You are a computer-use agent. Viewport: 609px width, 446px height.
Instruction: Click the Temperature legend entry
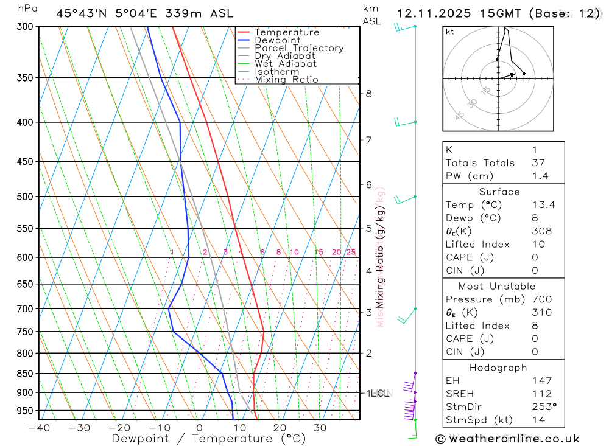point(286,32)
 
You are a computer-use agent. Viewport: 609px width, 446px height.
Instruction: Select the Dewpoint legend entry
point(277,40)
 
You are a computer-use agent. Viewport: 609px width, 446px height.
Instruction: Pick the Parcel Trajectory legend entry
point(299,48)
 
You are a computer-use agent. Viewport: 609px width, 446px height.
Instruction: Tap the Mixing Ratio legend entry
point(286,80)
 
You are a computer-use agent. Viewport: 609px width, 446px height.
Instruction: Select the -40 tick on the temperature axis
point(39,428)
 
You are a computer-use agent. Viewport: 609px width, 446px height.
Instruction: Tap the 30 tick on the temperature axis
point(320,428)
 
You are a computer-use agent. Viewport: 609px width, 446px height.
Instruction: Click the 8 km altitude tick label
point(368,94)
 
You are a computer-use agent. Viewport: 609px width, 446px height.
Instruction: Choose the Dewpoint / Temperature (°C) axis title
point(209,438)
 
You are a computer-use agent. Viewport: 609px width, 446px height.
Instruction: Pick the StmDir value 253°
point(544,406)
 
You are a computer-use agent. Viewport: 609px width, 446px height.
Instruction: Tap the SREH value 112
point(541,394)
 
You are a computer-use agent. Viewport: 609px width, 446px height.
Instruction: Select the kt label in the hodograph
point(450,32)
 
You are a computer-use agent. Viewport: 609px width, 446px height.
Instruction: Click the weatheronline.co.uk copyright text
point(507,439)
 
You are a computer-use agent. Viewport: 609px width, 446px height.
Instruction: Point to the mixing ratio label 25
point(351,252)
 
